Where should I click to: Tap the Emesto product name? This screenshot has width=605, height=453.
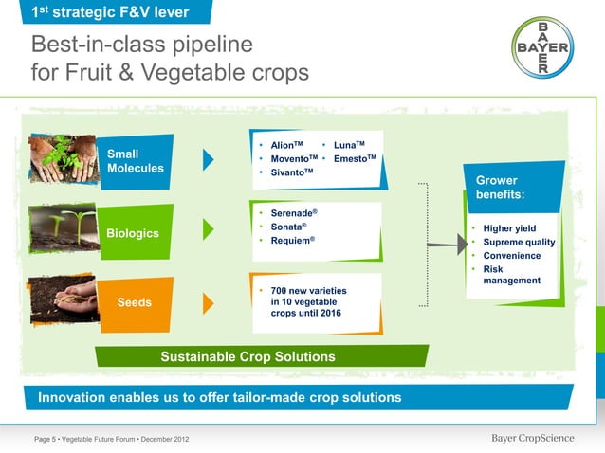355,158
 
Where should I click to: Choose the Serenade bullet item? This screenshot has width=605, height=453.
293,214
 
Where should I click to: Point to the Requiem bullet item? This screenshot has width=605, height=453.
292,242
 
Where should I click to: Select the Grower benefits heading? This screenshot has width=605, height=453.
500,188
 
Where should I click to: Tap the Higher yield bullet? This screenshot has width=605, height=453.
509,228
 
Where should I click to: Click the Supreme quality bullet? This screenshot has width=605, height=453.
519,243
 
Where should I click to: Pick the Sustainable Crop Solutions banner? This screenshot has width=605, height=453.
247,357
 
